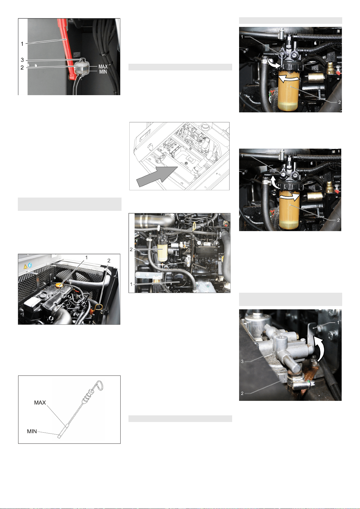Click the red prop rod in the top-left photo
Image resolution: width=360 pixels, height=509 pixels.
(66, 49)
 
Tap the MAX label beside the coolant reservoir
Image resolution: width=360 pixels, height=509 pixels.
(103, 66)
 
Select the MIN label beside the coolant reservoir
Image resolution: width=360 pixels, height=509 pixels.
(103, 72)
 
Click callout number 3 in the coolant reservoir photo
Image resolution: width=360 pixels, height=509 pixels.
(22, 60)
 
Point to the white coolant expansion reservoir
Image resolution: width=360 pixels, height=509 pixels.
(81, 67)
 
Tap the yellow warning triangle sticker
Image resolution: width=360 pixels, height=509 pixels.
(25, 267)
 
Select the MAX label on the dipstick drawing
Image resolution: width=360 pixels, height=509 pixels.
(40, 402)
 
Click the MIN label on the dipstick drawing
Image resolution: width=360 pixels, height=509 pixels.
(32, 431)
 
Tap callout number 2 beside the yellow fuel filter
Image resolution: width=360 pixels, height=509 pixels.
(131, 250)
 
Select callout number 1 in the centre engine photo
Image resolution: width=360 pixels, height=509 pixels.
(131, 284)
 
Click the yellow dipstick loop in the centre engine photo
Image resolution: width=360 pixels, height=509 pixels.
(194, 226)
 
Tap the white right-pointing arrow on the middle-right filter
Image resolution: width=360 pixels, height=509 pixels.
(289, 197)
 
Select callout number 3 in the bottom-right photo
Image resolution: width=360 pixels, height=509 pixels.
(242, 361)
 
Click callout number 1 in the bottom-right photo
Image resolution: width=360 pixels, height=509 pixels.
(338, 322)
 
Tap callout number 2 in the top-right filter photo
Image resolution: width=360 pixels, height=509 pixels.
(339, 102)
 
